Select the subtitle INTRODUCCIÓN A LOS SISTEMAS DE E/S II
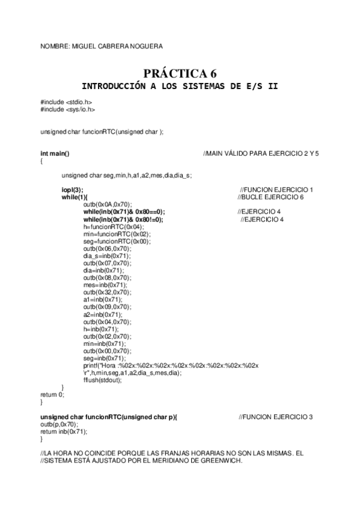(180, 87)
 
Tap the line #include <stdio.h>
(66, 103)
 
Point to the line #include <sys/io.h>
(67, 110)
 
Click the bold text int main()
(55, 154)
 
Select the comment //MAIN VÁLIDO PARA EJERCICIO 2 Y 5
(261, 154)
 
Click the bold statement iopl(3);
(73, 190)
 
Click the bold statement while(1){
(74, 197)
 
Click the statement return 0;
(51, 395)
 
